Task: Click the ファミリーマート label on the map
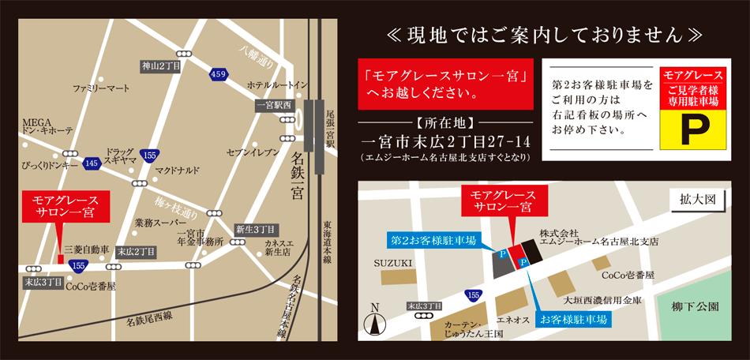coord(101,87)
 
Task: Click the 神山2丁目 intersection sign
coord(163,66)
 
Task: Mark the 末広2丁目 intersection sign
coord(137,251)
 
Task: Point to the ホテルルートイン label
coord(277,84)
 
